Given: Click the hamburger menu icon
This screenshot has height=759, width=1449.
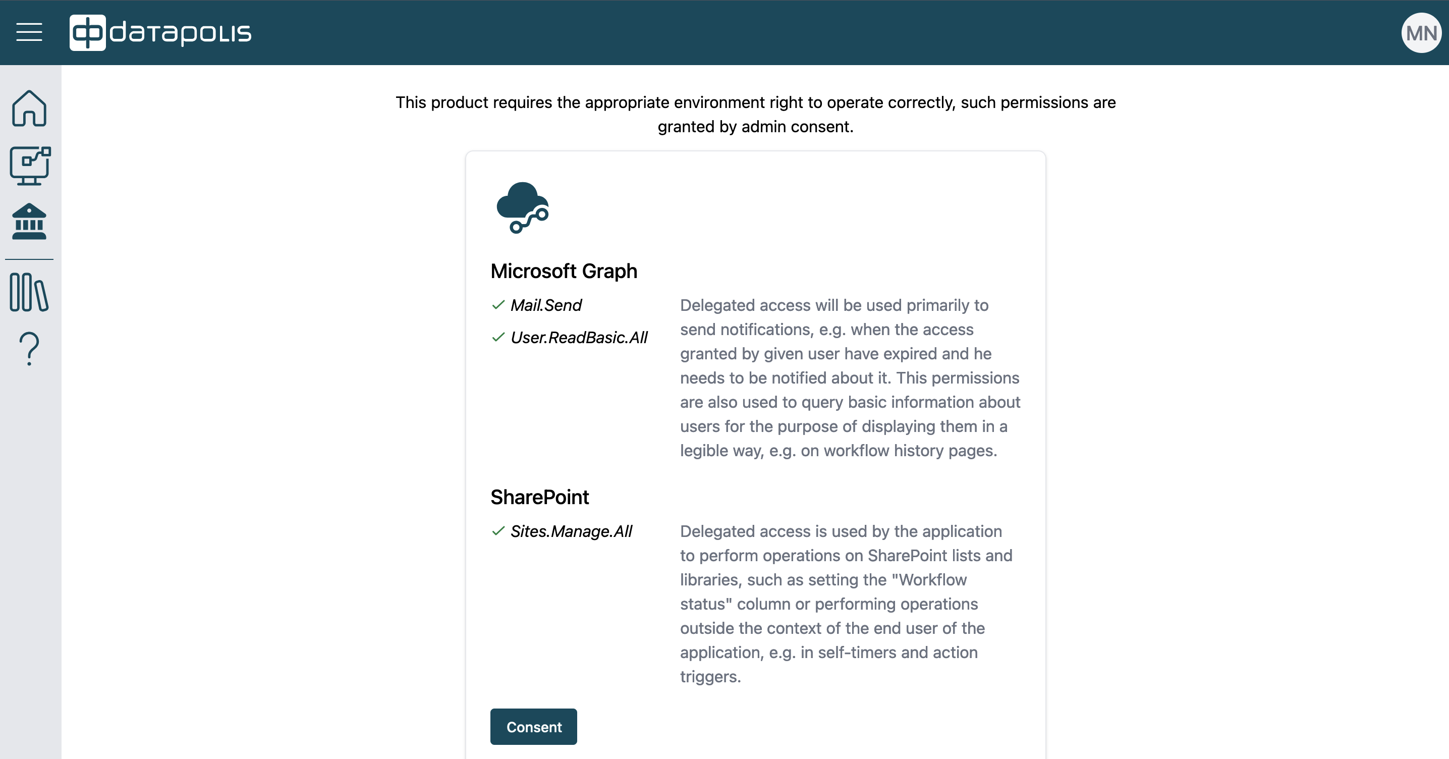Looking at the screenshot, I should (29, 33).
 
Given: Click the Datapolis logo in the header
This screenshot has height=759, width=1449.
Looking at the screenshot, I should (160, 33).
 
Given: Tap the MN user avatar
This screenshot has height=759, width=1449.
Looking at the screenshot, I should (1421, 33).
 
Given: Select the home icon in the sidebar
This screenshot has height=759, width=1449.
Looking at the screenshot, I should (29, 108).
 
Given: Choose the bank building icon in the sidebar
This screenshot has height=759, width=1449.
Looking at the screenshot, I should (29, 222).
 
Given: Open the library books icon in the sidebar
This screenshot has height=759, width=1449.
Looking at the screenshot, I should (29, 292).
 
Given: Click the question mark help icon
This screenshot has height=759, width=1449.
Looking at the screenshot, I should (29, 349).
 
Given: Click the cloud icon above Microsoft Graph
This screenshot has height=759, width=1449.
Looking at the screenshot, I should (523, 207).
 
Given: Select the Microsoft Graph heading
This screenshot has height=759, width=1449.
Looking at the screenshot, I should (564, 271).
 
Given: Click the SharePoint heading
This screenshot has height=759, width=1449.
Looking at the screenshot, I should (539, 498).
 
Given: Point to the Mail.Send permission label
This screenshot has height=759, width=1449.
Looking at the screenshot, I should (545, 305).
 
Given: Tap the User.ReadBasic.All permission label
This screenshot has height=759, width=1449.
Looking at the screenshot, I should (579, 338).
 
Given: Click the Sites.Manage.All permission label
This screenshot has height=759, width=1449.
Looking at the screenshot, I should (571, 532).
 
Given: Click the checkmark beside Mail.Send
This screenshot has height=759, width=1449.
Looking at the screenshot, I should (498, 305).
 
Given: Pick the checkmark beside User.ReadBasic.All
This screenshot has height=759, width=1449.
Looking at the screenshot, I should (498, 337).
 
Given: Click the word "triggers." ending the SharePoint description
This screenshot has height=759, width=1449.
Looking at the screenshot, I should (710, 677).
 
